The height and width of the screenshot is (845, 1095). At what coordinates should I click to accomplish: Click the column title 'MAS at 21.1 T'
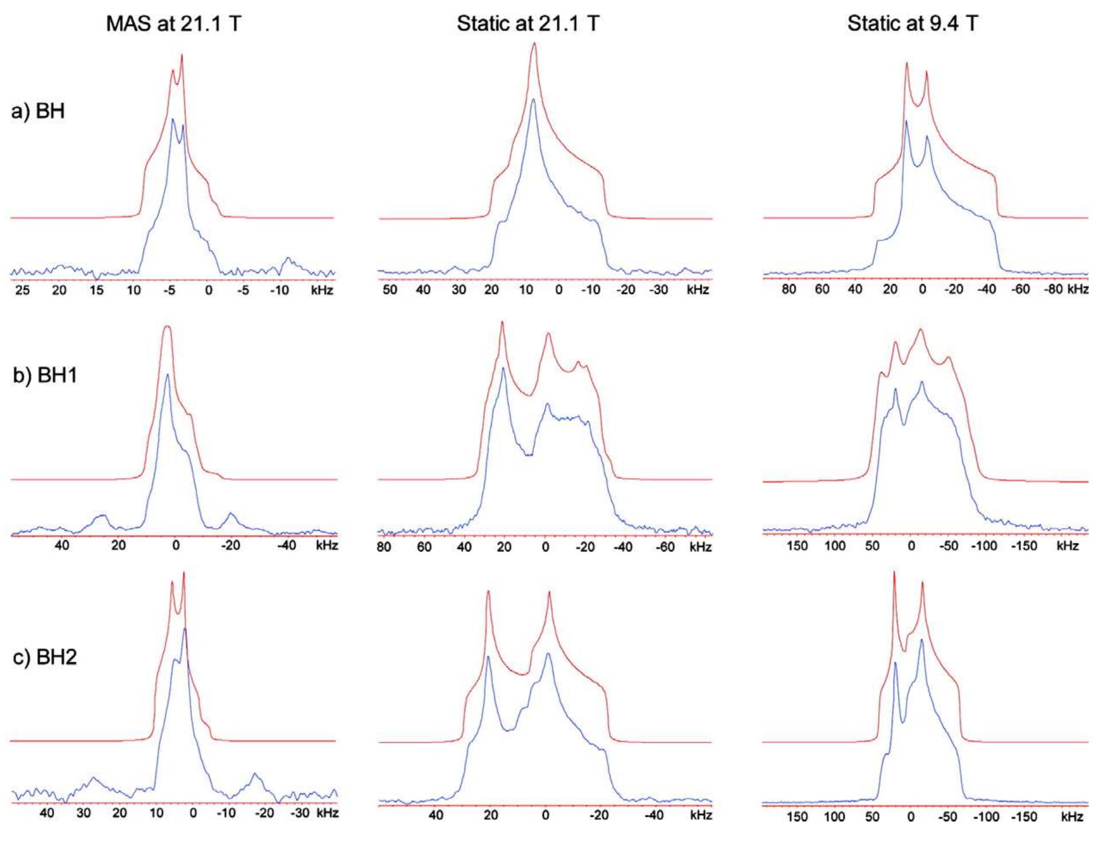click(173, 24)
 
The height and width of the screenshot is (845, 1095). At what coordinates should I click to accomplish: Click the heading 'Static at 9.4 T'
click(912, 24)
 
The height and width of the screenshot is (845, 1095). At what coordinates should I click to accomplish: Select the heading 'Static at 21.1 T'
click(528, 24)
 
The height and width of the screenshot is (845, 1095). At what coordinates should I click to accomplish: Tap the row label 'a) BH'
click(38, 110)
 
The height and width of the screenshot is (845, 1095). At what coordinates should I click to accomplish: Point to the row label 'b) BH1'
click(45, 375)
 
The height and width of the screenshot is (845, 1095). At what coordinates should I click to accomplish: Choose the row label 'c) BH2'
click(45, 656)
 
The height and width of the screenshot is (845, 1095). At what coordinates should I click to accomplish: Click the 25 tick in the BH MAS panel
click(22, 290)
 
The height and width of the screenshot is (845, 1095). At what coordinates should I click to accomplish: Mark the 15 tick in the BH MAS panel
click(96, 290)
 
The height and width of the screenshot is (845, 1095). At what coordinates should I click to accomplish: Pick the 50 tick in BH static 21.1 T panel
click(389, 289)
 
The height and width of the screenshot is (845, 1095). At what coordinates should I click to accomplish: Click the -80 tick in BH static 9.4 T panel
click(1053, 289)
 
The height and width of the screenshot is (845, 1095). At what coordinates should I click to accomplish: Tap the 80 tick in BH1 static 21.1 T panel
click(384, 547)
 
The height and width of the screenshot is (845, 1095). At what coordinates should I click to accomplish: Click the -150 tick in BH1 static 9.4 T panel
click(1024, 545)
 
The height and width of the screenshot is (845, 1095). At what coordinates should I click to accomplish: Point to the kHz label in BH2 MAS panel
click(326, 813)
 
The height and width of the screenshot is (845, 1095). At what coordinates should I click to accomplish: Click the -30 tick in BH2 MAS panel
click(300, 813)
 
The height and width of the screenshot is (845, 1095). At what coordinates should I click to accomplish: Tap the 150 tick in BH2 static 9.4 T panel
click(797, 816)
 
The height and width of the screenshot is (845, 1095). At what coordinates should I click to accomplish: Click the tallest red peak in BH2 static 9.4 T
click(894, 573)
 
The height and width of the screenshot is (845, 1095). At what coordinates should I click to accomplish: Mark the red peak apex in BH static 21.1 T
click(534, 44)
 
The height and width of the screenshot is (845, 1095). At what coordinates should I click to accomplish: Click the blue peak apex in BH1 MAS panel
click(167, 375)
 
